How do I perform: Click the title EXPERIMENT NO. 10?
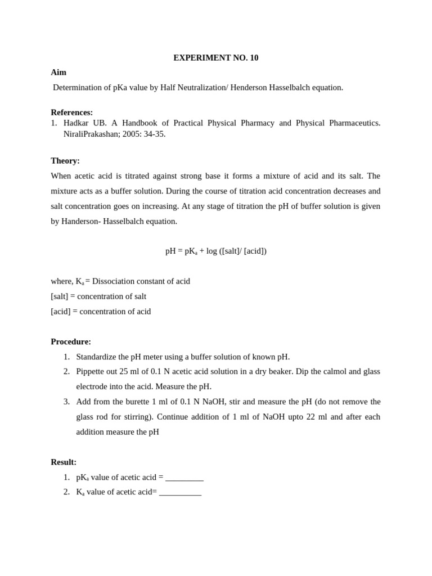click(215, 57)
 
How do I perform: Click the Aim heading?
click(58, 73)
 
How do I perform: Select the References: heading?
click(71, 112)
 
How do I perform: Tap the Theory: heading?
click(65, 161)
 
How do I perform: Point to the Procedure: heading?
click(71, 341)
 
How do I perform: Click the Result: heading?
click(64, 462)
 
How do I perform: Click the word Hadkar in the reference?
click(75, 123)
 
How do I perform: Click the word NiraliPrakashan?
click(89, 134)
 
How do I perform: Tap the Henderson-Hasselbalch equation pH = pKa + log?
click(215, 251)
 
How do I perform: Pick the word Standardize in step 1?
click(97, 357)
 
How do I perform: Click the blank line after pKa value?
click(184, 478)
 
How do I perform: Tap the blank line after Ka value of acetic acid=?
click(180, 492)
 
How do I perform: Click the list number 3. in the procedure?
click(66, 402)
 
